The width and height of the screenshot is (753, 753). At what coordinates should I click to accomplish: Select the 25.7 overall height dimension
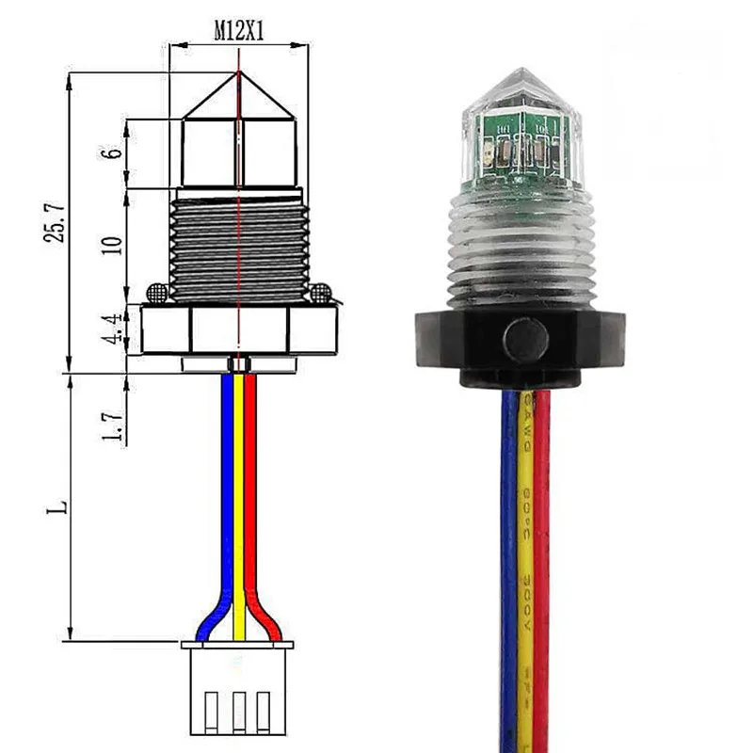tap(56, 222)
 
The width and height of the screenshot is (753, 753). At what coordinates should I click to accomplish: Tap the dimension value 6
tap(114, 153)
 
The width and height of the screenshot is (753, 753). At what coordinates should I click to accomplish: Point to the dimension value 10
tap(114, 245)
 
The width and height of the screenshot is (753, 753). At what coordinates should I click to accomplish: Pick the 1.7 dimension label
tap(114, 424)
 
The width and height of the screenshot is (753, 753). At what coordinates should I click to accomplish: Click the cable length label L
tap(58, 506)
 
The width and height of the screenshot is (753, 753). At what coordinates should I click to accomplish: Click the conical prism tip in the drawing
tap(239, 99)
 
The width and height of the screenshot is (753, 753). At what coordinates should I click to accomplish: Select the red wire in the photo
tap(541, 565)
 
